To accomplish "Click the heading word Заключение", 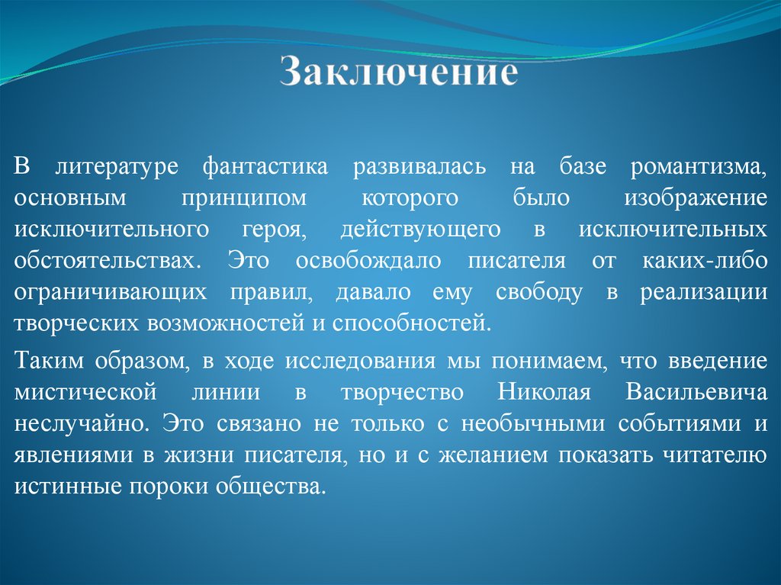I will click(x=399, y=73).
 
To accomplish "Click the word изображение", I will click(x=696, y=198).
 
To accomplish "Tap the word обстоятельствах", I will click(x=104, y=261).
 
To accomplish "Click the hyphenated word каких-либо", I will click(x=699, y=261).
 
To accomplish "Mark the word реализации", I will click(x=703, y=292).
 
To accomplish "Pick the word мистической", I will click(x=85, y=392).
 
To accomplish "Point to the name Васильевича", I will click(x=696, y=392).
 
